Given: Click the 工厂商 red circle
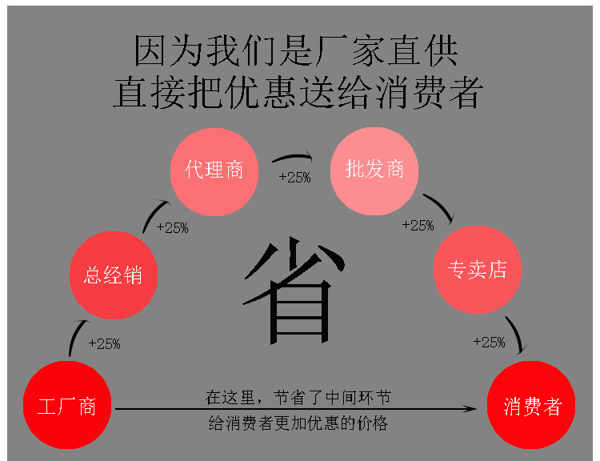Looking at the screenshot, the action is point(66,405).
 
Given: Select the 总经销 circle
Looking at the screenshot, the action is point(113,275).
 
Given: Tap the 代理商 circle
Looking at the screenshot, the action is point(214,170).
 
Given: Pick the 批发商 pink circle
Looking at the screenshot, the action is point(374,170).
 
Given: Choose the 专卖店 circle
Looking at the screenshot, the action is point(476,269).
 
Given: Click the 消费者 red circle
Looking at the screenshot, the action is point(532,406).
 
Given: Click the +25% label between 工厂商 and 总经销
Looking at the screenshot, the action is point(104,344).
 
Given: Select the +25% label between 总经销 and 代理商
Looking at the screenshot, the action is point(172,227).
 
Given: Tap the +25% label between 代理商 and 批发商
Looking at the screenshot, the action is point(294,178).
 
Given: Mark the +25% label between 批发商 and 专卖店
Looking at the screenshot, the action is point(418,226).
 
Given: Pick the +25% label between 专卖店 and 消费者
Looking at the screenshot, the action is point(489,343).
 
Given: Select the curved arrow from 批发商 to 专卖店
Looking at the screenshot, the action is point(439,206).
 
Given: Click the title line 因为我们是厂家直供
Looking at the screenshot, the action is point(296,51).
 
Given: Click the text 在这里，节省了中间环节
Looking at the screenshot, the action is point(298,397).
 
